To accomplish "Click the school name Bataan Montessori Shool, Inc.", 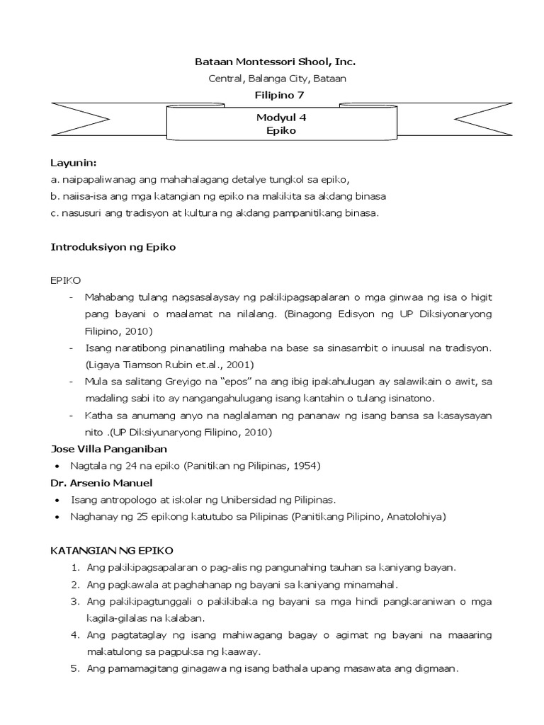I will [271, 62].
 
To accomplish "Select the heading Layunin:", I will [74, 163].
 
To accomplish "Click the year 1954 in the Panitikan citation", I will [305, 466].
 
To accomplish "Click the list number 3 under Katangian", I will [74, 601].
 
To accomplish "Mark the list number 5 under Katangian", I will [74, 668].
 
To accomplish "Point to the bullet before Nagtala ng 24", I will [56, 467].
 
